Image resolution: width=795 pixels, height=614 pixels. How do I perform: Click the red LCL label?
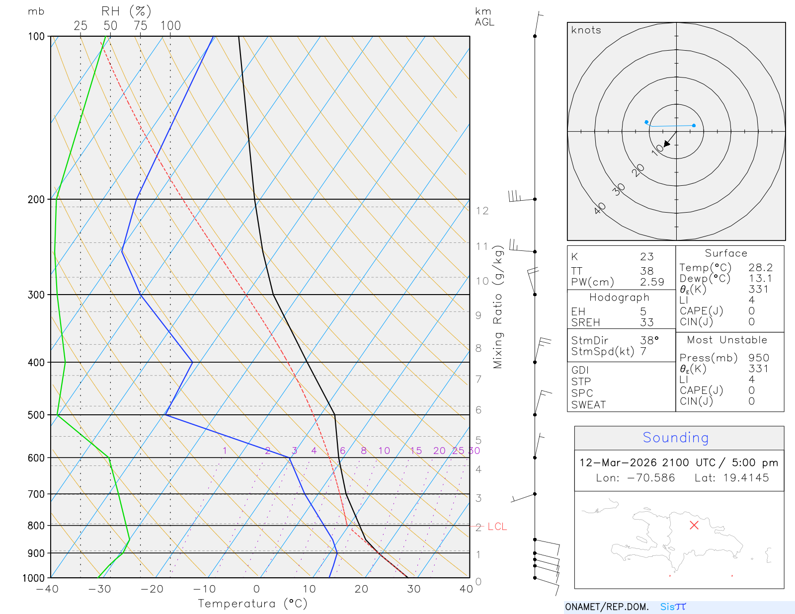click(497, 527)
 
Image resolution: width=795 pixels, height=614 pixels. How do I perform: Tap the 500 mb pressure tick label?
click(36, 415)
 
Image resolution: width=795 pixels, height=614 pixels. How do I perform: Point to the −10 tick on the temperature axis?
click(204, 589)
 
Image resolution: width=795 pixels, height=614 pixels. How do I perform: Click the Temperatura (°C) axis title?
click(252, 604)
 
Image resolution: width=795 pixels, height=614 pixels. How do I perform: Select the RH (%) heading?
click(126, 11)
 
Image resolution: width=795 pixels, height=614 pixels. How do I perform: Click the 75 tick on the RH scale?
click(140, 26)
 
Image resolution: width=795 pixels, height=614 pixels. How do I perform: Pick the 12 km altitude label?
click(482, 211)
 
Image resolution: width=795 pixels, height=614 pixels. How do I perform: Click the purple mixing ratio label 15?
click(416, 451)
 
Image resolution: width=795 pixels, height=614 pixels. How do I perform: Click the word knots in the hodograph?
click(586, 30)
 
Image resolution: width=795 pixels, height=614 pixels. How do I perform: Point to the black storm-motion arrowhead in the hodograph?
click(667, 144)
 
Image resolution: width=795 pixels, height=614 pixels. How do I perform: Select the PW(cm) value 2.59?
click(652, 282)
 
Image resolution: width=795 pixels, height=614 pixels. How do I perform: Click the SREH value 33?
click(646, 322)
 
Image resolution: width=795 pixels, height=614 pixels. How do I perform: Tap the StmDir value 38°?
click(649, 340)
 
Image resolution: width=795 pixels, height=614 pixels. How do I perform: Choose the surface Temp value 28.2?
click(760, 268)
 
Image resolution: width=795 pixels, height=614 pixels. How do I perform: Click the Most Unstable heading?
click(727, 340)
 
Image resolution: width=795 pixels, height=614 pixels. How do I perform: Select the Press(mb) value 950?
click(759, 358)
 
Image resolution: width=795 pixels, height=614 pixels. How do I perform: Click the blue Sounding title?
click(675, 438)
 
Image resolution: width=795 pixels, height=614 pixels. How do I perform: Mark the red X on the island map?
click(694, 525)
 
